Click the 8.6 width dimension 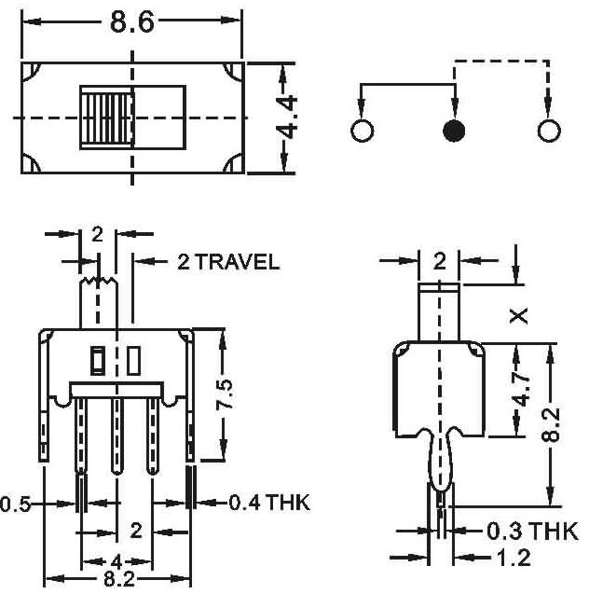[x=131, y=22]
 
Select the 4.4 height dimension [x=287, y=117]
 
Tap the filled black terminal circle [x=454, y=131]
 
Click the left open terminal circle [x=362, y=131]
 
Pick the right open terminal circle [x=549, y=131]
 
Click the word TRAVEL [x=238, y=262]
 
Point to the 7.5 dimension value [x=225, y=394]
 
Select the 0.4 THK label [x=269, y=503]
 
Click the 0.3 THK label [x=532, y=532]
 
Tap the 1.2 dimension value [x=514, y=557]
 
